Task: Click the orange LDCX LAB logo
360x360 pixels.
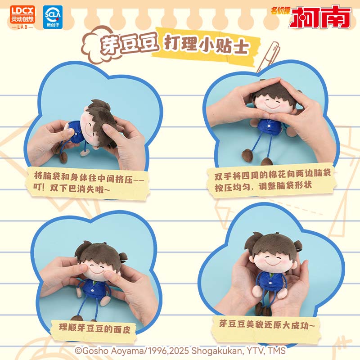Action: [x=22, y=17]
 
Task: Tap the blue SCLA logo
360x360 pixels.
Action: [x=53, y=17]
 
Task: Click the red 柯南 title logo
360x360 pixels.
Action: [x=319, y=17]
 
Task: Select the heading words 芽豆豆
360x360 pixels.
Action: [x=129, y=44]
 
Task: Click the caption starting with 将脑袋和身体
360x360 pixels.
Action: [x=88, y=183]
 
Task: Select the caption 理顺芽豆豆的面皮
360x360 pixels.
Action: [x=94, y=328]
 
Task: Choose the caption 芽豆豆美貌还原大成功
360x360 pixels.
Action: [x=266, y=324]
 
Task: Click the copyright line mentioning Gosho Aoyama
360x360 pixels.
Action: [x=180, y=351]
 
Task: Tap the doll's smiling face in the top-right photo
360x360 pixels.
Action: [x=273, y=104]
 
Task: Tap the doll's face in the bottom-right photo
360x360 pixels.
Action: [x=273, y=261]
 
